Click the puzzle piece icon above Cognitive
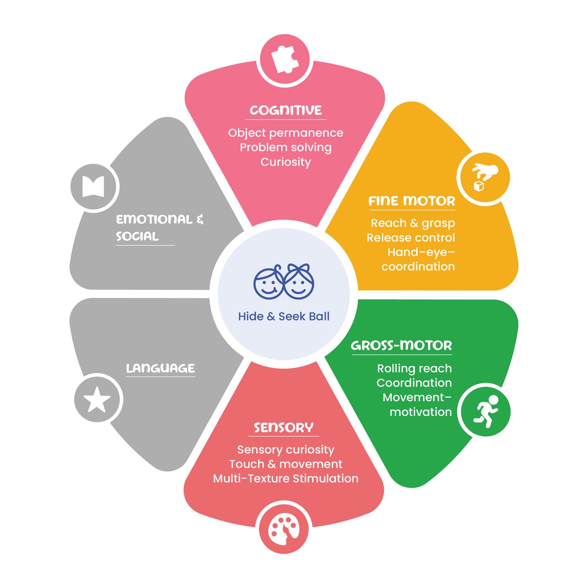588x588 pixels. [285, 60]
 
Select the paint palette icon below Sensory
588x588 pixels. [284, 530]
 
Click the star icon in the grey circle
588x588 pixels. [97, 400]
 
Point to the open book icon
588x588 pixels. [93, 186]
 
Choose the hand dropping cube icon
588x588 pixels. [485, 177]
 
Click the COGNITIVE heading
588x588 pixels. [286, 110]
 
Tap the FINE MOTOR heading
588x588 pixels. [412, 201]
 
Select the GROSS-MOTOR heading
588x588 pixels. [401, 345]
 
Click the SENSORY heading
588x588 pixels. [284, 427]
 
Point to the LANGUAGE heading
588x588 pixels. [160, 368]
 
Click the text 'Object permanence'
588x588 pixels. [286, 133]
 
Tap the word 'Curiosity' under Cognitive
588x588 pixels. [286, 162]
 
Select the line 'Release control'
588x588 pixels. [411, 238]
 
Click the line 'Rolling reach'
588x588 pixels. [414, 368]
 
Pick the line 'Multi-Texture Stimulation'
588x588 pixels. [286, 479]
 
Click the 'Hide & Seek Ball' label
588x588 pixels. [284, 317]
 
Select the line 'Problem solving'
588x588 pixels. [286, 148]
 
